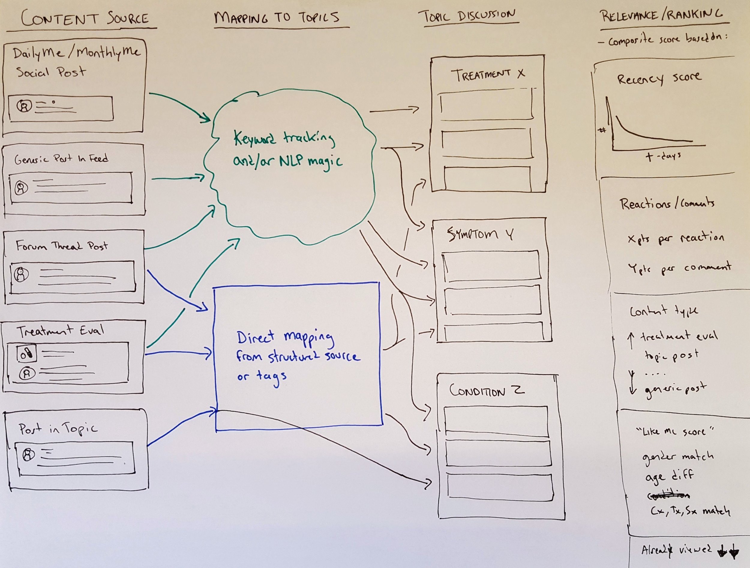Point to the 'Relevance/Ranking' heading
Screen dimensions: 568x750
(x=661, y=15)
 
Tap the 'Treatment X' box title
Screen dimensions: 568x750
(x=487, y=75)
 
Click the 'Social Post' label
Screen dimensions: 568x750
(x=51, y=72)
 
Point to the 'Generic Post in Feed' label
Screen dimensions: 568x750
(x=61, y=159)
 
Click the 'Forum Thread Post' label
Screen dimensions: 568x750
(x=62, y=245)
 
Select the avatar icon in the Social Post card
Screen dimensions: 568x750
(x=24, y=106)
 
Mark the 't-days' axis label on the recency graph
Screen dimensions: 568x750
(x=663, y=156)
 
